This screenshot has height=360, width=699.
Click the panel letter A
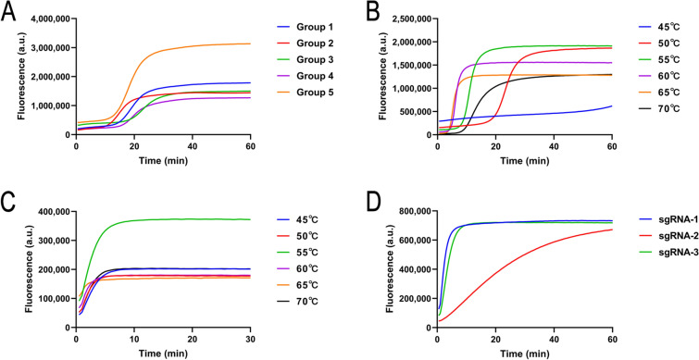pyautogui.click(x=8, y=12)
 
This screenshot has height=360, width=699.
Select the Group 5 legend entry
pyautogui.click(x=306, y=93)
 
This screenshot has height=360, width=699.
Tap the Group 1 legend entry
pyautogui.click(x=306, y=27)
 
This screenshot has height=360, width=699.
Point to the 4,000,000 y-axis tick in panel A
pyautogui.click(x=50, y=19)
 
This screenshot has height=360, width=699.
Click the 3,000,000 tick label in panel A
pyautogui.click(x=50, y=48)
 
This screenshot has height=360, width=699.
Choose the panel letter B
pyautogui.click(x=373, y=12)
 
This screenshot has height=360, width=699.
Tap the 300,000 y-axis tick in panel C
pyautogui.click(x=55, y=241)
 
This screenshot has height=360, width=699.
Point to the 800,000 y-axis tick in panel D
pyautogui.click(x=417, y=212)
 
